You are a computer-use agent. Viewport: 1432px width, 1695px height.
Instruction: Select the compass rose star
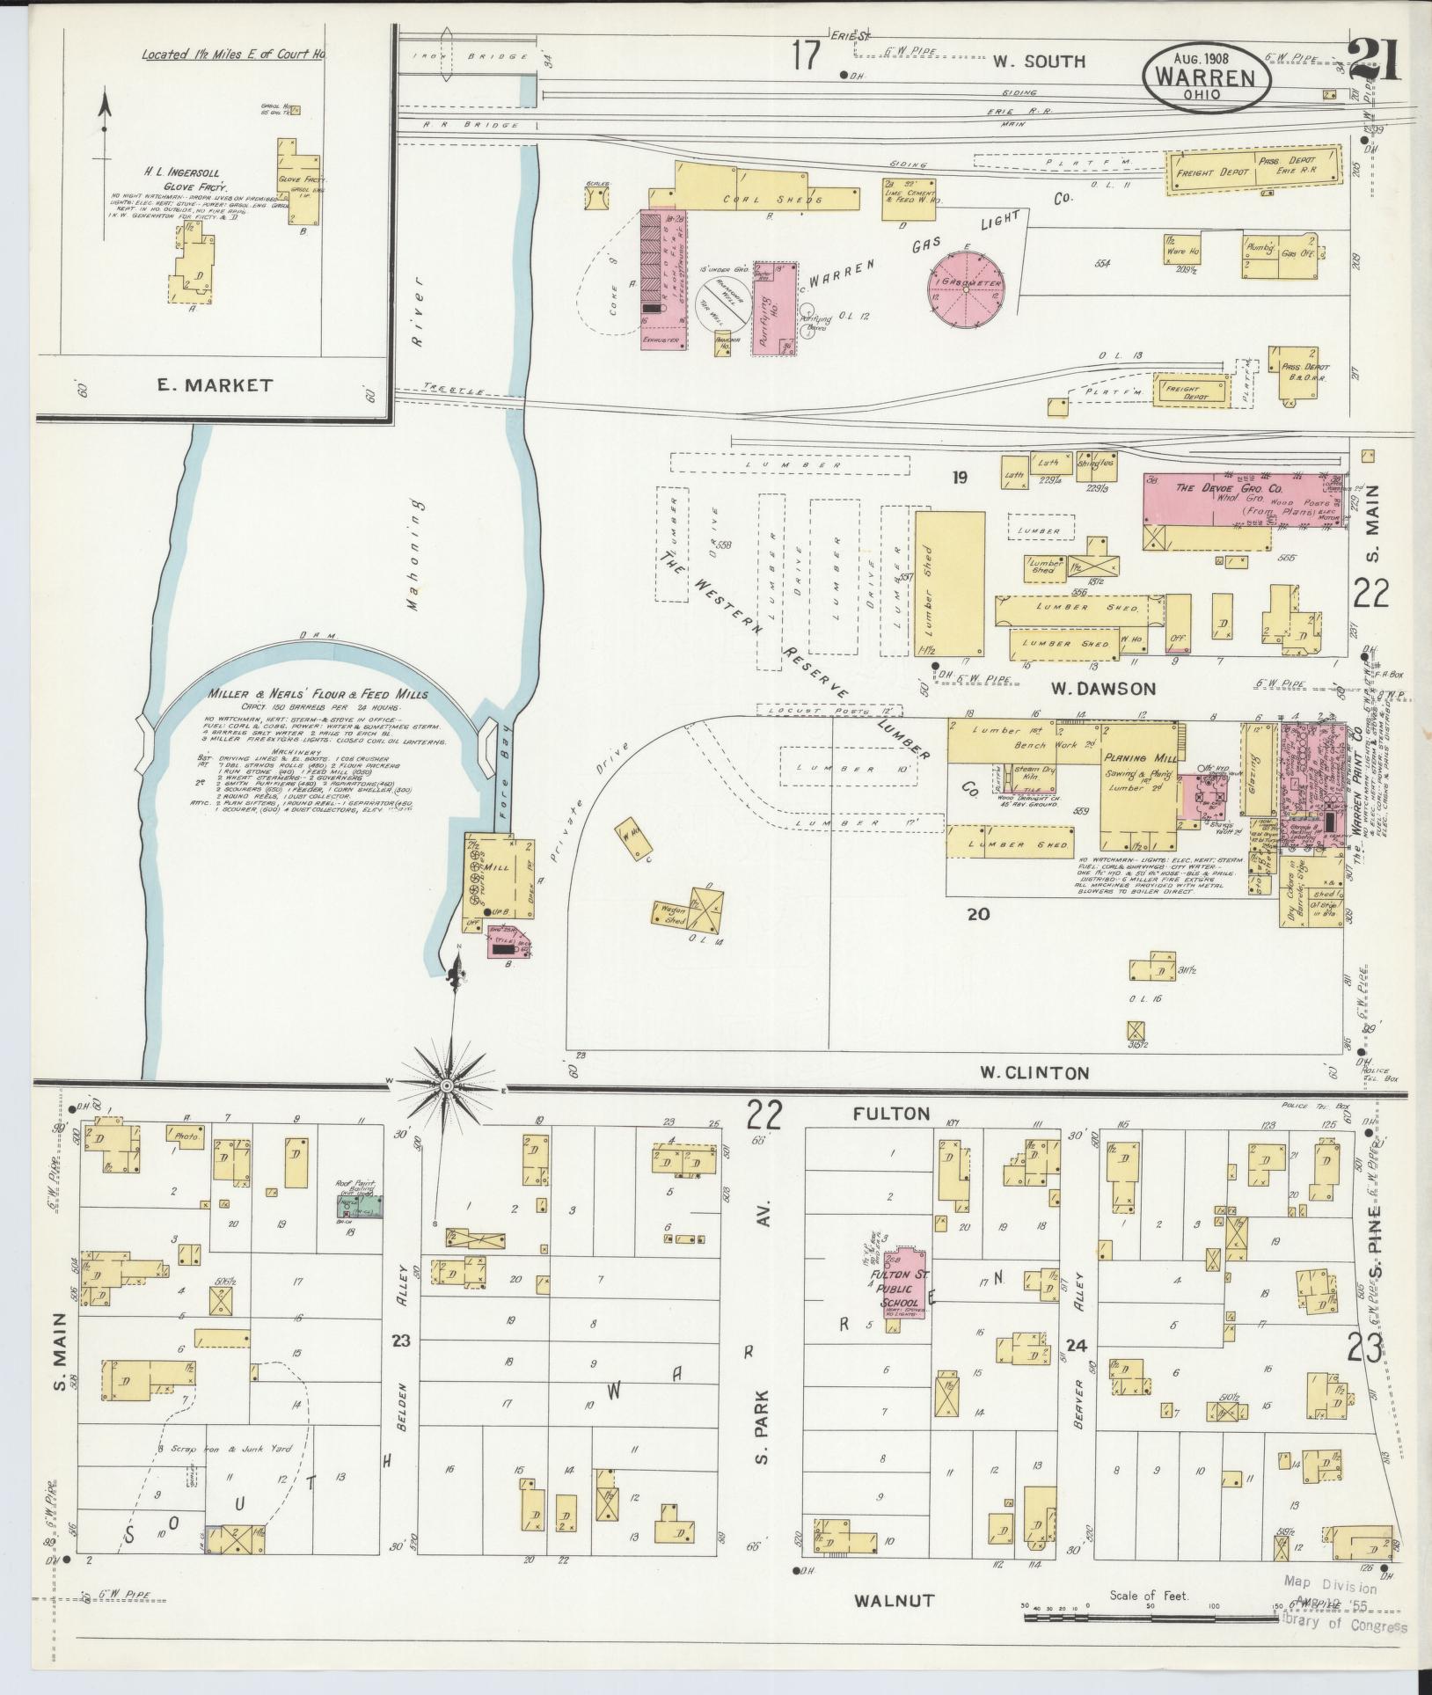tap(447, 1086)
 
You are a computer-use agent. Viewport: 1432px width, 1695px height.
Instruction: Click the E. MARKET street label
tap(215, 385)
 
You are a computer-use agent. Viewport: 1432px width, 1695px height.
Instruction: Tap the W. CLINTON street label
tap(1034, 1072)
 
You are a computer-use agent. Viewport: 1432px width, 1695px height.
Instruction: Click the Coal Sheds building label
tap(762, 199)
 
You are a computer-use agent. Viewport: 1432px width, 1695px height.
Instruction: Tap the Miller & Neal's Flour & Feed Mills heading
tap(318, 694)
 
